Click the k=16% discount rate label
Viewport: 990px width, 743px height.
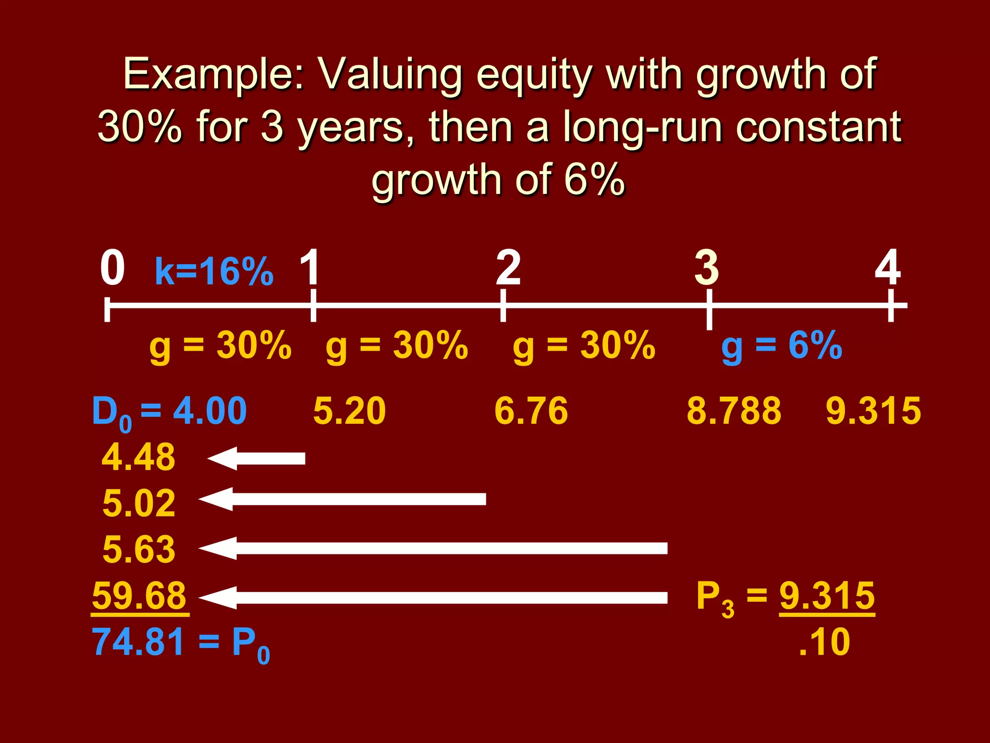(x=214, y=271)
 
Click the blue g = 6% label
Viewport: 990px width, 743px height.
(x=782, y=346)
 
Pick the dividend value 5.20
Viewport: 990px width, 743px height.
(x=349, y=411)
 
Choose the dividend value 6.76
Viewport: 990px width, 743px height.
(x=531, y=411)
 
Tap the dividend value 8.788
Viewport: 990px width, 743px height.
(x=734, y=411)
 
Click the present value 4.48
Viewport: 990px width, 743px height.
(x=139, y=457)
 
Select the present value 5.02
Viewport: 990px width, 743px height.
(x=139, y=504)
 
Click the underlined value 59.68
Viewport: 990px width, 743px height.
(x=139, y=596)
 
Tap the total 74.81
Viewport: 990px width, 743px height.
(x=138, y=642)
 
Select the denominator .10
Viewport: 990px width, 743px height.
(x=825, y=642)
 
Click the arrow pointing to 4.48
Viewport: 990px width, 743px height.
(x=256, y=458)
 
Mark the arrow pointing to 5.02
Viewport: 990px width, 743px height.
(x=342, y=499)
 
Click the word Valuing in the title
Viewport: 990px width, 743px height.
(x=392, y=75)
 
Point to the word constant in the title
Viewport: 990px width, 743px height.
(x=818, y=127)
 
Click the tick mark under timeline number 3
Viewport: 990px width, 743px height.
(x=709, y=310)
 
